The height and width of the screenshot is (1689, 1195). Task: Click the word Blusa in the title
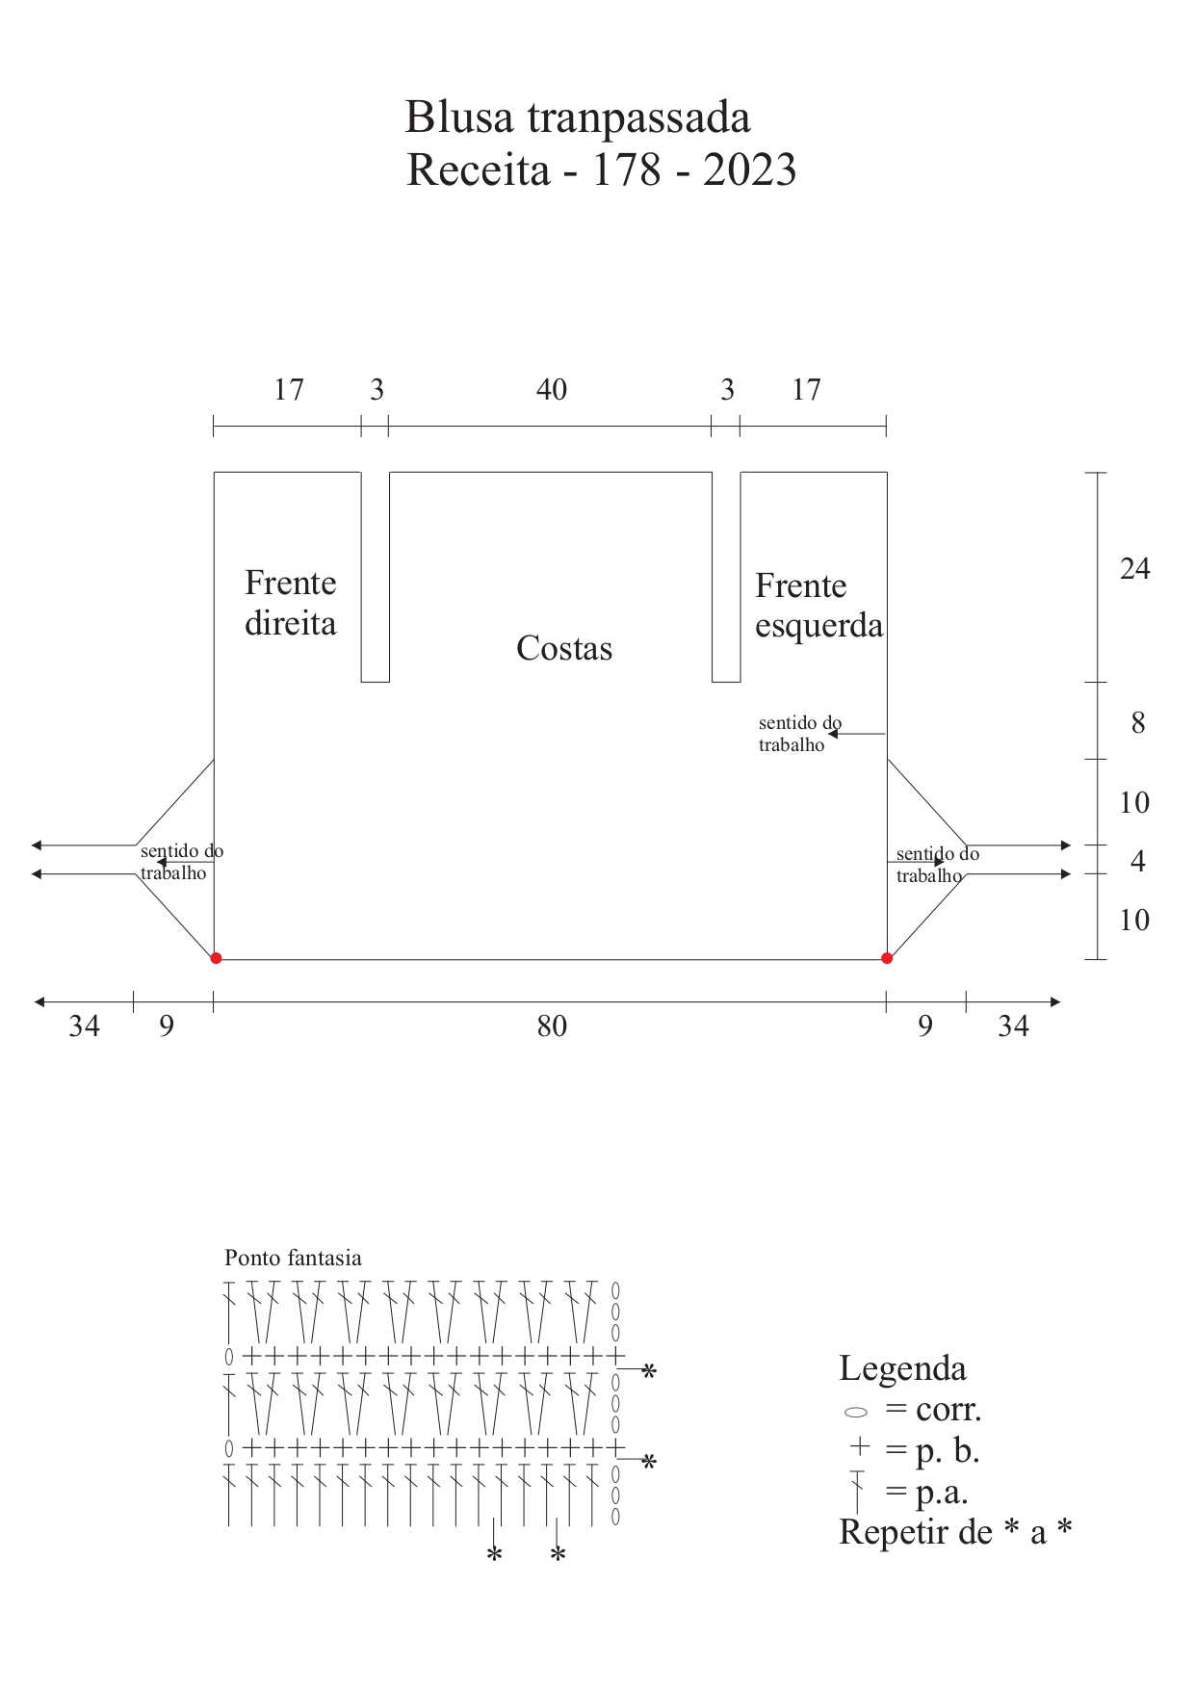click(x=459, y=117)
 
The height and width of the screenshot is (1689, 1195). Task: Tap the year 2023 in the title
click(x=749, y=170)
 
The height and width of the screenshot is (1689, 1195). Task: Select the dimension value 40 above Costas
click(x=552, y=390)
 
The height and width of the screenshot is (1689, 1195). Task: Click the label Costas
click(x=564, y=648)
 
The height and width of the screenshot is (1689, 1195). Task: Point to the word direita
click(x=290, y=623)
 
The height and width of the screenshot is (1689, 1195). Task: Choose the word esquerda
click(x=818, y=627)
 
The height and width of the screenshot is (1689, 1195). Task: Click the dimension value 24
click(x=1134, y=569)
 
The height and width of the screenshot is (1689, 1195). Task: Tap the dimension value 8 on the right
click(x=1138, y=723)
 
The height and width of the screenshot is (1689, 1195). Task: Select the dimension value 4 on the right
click(x=1138, y=861)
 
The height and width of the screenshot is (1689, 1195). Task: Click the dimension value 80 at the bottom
click(x=552, y=1026)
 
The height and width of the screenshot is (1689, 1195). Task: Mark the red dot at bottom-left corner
click(x=216, y=958)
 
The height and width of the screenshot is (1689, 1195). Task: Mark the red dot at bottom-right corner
click(x=887, y=958)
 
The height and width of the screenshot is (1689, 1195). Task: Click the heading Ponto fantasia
click(x=293, y=1258)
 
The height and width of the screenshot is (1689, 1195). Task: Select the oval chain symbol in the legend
click(x=856, y=1413)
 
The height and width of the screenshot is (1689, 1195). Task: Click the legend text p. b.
click(x=947, y=1452)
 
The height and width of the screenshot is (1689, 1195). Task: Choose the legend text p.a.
click(x=941, y=1494)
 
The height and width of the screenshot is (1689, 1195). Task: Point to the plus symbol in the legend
click(x=860, y=1446)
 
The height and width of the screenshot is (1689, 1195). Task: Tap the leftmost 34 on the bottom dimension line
click(x=84, y=1026)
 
